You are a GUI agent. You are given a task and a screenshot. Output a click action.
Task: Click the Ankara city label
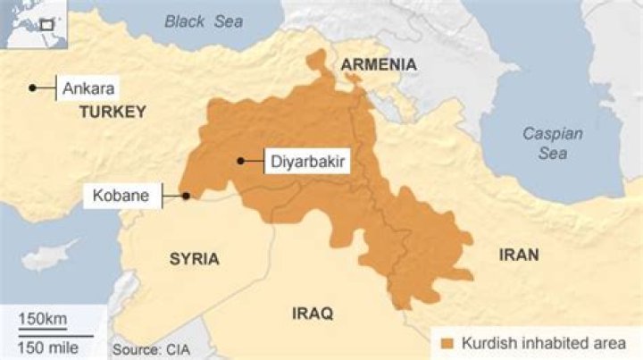pyautogui.click(x=89, y=88)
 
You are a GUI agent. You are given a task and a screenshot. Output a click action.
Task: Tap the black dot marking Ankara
pyautogui.click(x=32, y=88)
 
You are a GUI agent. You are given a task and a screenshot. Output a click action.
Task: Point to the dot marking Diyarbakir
pyautogui.click(x=240, y=162)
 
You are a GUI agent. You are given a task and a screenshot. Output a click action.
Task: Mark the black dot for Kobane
pyautogui.click(x=186, y=196)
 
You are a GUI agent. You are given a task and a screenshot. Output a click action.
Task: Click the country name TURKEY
pyautogui.click(x=112, y=112)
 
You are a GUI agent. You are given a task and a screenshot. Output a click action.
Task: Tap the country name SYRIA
pyautogui.click(x=194, y=259)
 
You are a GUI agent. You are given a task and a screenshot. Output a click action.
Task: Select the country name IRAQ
pyautogui.click(x=313, y=314)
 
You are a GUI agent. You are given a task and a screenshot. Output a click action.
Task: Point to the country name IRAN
pyautogui.click(x=519, y=255)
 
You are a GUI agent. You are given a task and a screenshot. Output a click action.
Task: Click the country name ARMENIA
pyautogui.click(x=379, y=64)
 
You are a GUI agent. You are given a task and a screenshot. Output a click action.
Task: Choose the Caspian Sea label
pyautogui.click(x=553, y=143)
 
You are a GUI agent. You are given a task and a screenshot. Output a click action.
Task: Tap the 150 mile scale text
pyautogui.click(x=49, y=346)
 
